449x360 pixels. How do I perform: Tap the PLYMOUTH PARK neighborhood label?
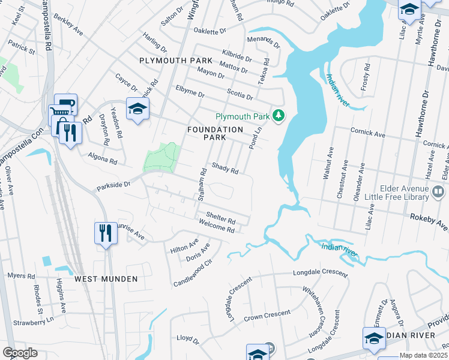[x=175, y=61]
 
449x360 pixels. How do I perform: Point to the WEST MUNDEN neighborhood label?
[x=106, y=279]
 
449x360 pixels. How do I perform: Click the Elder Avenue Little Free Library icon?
[x=438, y=193]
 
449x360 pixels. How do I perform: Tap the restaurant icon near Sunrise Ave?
[x=106, y=233]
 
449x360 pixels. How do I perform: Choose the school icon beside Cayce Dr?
[x=137, y=109]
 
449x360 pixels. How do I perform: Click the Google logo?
[x=20, y=352]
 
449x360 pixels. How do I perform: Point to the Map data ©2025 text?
[x=423, y=355]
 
